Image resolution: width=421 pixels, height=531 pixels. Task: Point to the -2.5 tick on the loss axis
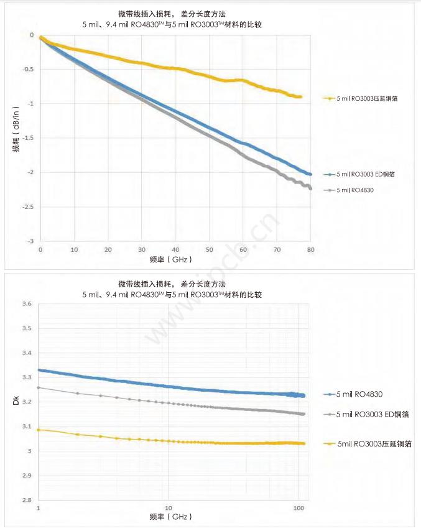click(27, 206)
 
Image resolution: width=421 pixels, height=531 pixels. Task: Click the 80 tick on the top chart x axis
click(310, 249)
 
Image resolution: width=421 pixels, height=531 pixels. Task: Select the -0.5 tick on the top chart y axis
click(27, 69)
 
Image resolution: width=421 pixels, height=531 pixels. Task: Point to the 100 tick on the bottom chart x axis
click(298, 508)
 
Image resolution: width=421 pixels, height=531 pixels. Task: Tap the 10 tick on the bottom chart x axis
click(169, 508)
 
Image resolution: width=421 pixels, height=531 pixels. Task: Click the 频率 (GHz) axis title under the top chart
click(171, 259)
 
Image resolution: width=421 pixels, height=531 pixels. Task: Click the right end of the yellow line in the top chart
click(301, 97)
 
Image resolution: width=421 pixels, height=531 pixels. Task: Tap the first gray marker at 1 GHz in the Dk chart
click(39, 387)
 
